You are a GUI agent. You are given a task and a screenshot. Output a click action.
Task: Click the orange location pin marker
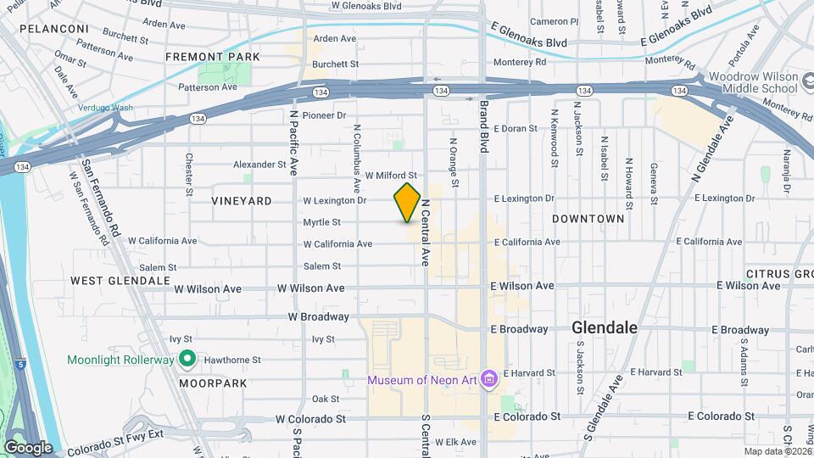(407, 203)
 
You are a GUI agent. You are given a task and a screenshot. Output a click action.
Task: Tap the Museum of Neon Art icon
(488, 379)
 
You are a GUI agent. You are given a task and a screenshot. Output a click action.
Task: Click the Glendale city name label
(605, 327)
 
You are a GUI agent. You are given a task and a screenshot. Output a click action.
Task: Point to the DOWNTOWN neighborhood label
(588, 219)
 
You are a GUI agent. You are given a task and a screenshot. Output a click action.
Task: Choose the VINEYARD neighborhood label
(243, 201)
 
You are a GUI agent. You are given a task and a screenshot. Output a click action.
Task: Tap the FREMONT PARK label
(201, 57)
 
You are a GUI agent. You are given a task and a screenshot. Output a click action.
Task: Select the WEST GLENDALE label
(110, 281)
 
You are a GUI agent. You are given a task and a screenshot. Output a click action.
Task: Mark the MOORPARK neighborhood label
(213, 383)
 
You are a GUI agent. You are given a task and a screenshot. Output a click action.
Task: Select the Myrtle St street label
(321, 223)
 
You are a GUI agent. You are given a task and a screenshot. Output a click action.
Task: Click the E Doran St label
(516, 129)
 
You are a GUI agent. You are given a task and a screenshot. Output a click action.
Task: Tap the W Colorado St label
(311, 418)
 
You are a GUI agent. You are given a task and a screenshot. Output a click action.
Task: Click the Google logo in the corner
(28, 447)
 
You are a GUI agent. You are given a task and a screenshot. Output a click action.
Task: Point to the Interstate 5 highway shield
(20, 365)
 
